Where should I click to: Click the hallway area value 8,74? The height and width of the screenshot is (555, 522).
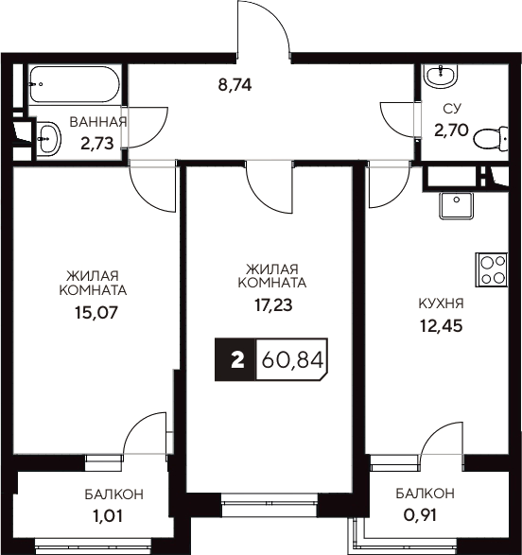235,83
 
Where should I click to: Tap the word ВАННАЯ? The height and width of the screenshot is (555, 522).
97,122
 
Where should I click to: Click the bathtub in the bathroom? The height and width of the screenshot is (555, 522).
72,87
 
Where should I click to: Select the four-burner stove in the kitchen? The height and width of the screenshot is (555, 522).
492,270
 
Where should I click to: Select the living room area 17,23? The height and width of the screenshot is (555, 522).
272,304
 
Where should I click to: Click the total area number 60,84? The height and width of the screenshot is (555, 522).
289,360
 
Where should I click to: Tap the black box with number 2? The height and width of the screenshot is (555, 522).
236,360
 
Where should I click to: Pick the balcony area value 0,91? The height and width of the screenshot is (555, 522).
425,516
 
